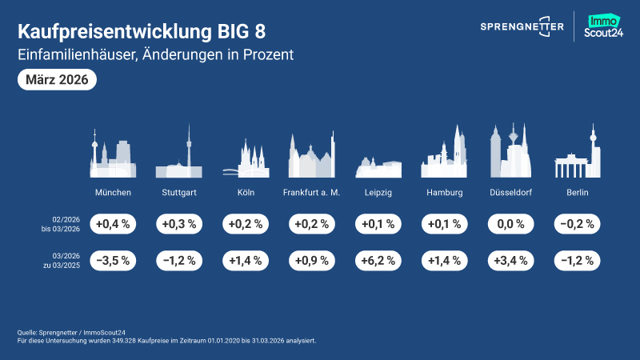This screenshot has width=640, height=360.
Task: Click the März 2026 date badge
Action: pyautogui.click(x=57, y=80)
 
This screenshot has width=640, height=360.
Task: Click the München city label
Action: pyautogui.click(x=113, y=193)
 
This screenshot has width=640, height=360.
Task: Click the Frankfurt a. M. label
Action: pyautogui.click(x=312, y=193)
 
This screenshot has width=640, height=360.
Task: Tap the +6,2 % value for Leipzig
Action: pyautogui.click(x=378, y=261)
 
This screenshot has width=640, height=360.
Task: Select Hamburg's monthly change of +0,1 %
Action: pyautogui.click(x=445, y=224)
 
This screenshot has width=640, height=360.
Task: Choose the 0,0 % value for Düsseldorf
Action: pyautogui.click(x=511, y=224)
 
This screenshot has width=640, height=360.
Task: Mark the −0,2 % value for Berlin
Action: pyautogui.click(x=578, y=224)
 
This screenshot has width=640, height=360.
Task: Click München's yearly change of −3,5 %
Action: pyautogui.click(x=113, y=261)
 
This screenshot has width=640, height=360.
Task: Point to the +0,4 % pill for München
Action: pyautogui.click(x=113, y=224)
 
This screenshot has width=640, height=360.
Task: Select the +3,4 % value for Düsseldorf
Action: pyautogui.click(x=511, y=261)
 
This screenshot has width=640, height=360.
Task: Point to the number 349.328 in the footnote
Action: pyautogui.click(x=110, y=340)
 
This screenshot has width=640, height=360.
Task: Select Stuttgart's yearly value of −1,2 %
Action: pyautogui.click(x=179, y=261)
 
